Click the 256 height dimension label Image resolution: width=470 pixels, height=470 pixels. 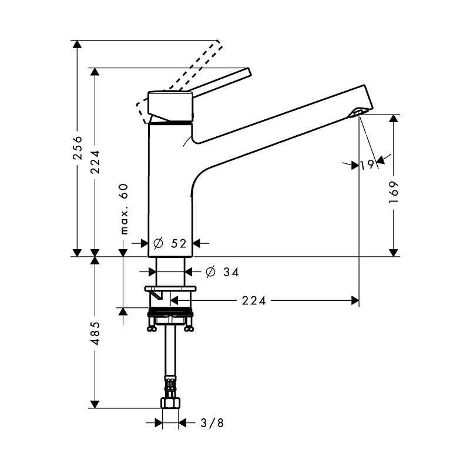[x=78, y=147]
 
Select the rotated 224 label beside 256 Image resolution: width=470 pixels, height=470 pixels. [x=95, y=162]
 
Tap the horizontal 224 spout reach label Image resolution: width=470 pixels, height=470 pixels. [x=254, y=300]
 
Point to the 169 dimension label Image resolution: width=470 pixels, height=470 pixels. [x=394, y=192]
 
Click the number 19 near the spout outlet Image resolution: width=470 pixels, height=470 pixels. [x=367, y=164]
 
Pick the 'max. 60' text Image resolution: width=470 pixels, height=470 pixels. [x=124, y=209]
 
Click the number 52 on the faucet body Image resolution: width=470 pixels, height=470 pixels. [x=179, y=243]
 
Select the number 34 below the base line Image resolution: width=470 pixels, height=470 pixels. [x=231, y=272]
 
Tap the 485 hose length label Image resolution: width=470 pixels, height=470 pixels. [x=96, y=333]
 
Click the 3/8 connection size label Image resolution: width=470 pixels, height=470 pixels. [x=212, y=423]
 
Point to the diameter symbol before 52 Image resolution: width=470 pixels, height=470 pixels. [x=158, y=243]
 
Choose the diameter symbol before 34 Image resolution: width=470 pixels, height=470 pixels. [x=211, y=272]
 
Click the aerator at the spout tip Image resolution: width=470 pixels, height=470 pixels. [x=356, y=113]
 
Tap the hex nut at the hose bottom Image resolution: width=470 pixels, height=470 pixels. [x=170, y=402]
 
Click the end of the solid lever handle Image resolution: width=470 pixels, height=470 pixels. [x=249, y=72]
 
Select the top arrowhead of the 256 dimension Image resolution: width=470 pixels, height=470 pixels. [x=78, y=44]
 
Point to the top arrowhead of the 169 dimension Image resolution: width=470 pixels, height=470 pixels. [x=394, y=119]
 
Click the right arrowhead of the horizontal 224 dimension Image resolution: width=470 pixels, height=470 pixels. [x=355, y=300]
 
